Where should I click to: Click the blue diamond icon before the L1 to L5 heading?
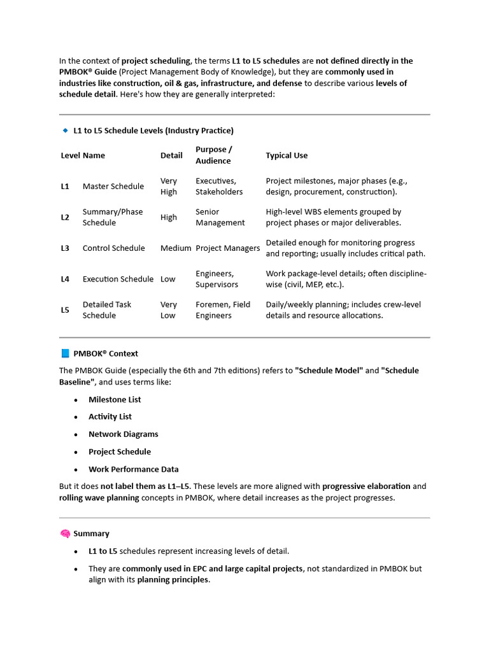tap(65, 130)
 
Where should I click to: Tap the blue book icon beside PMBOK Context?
tap(65, 353)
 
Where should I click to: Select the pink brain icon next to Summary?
tap(65, 534)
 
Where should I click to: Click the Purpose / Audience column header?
tap(213, 155)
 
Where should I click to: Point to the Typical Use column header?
tap(287, 155)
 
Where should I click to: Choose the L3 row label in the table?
tap(65, 248)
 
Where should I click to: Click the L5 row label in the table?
tap(65, 310)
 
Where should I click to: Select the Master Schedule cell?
tap(113, 186)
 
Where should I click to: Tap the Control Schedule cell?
tap(114, 248)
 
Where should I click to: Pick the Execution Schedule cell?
tap(118, 279)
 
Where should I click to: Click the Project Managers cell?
tap(227, 248)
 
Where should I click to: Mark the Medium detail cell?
tap(176, 248)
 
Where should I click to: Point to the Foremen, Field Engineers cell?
tap(223, 310)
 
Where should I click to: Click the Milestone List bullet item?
tap(115, 400)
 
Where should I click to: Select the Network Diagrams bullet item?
tap(124, 434)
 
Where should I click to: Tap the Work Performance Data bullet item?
tap(134, 469)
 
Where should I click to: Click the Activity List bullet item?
tap(110, 417)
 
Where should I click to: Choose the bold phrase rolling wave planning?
tap(99, 498)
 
